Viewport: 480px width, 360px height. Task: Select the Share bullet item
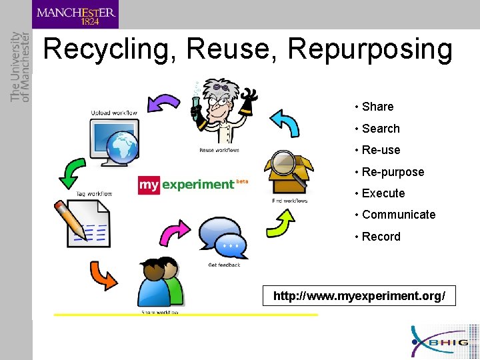click(377, 107)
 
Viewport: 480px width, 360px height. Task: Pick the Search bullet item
click(381, 129)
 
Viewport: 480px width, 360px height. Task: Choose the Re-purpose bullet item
click(393, 172)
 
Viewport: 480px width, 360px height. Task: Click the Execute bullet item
click(383, 193)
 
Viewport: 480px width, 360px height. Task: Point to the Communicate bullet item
click(399, 215)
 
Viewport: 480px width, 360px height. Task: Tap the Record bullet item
click(381, 237)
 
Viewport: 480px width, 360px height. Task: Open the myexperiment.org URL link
click(359, 295)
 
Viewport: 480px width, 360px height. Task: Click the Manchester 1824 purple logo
click(75, 15)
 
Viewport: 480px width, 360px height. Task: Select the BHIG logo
click(443, 341)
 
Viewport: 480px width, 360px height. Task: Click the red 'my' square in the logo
click(149, 185)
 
